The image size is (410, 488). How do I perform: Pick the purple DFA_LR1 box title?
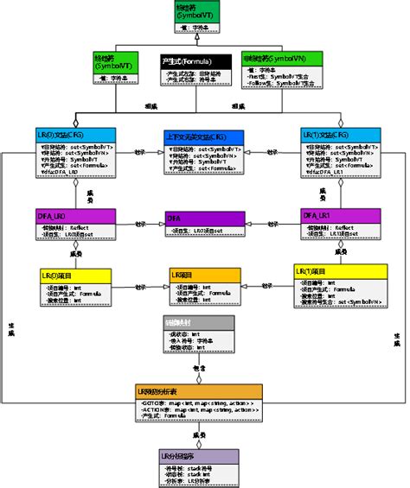(338, 213)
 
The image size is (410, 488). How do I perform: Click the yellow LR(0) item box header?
(74, 276)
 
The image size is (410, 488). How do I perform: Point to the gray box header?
(198, 321)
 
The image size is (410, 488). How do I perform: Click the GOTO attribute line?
(199, 403)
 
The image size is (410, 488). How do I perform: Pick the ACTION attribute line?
(199, 410)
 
